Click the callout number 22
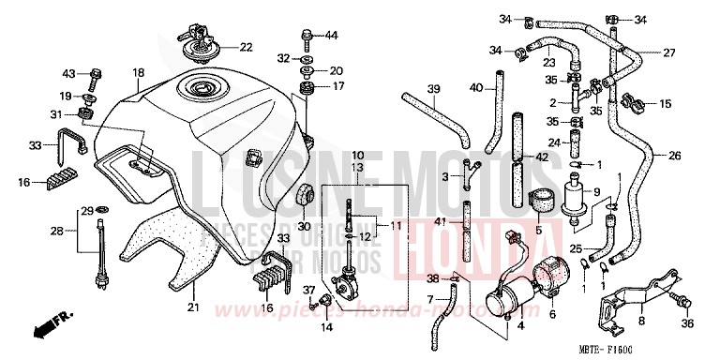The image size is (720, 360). (245, 47)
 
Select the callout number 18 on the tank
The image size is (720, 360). (138, 72)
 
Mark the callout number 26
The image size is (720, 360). (675, 157)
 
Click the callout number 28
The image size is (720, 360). (55, 230)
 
